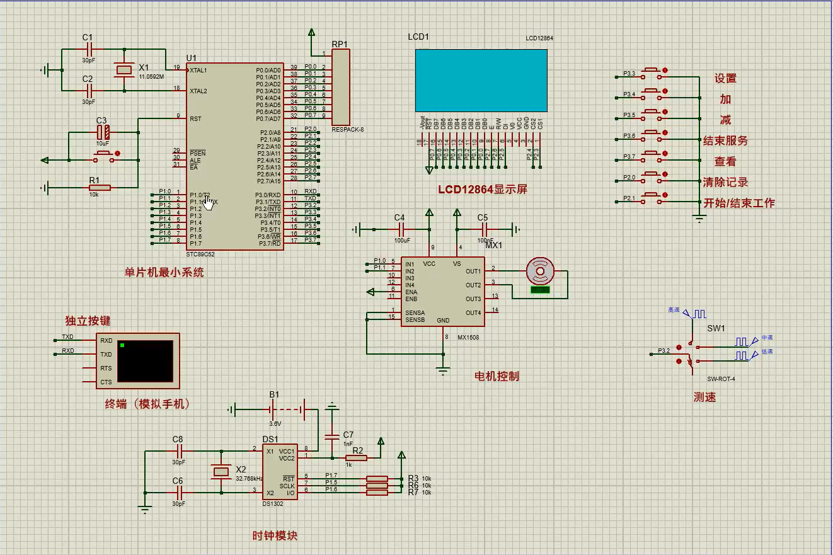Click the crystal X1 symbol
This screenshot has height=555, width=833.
[124, 69]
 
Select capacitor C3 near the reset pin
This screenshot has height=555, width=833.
[103, 132]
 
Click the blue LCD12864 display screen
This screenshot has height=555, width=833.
[481, 80]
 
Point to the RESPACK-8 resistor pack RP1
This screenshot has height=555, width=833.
[340, 87]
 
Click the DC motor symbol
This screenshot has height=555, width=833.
[540, 272]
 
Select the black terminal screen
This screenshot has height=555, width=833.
[145, 361]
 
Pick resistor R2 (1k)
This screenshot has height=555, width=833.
[357, 458]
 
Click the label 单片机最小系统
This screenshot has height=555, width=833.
[164, 273]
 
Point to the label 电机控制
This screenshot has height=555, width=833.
[497, 376]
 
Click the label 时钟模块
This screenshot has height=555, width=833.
[275, 535]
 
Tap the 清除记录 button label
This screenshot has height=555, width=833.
[726, 182]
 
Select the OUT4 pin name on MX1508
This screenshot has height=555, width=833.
[473, 312]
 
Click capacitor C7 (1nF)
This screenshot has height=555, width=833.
[331, 436]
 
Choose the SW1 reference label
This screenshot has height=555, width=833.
[716, 328]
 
